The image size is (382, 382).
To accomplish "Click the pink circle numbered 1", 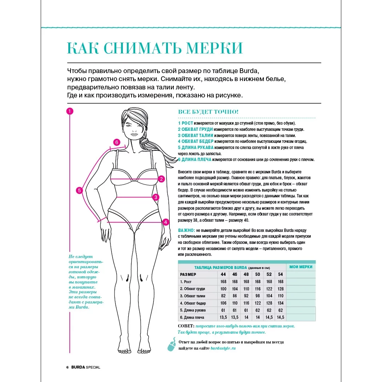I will [70, 111].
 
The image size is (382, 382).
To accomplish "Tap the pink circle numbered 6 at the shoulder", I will [117, 142].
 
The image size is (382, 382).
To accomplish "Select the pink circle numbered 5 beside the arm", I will [80, 190].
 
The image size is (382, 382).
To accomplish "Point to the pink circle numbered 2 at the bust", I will [162, 179].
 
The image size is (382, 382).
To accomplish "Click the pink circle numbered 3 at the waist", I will [156, 197].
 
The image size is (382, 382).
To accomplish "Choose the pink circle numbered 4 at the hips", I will [166, 222].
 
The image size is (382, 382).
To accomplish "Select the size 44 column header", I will [223, 274].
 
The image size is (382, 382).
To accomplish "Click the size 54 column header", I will [280, 274].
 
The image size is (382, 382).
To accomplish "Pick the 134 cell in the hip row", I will [280, 303].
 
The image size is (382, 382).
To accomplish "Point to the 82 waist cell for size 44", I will [223, 296].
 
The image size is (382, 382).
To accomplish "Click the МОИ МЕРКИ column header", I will [301, 267].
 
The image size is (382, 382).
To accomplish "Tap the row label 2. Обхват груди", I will [193, 289].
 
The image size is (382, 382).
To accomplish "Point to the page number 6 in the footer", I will [68, 367].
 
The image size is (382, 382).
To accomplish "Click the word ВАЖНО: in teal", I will [186, 230].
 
